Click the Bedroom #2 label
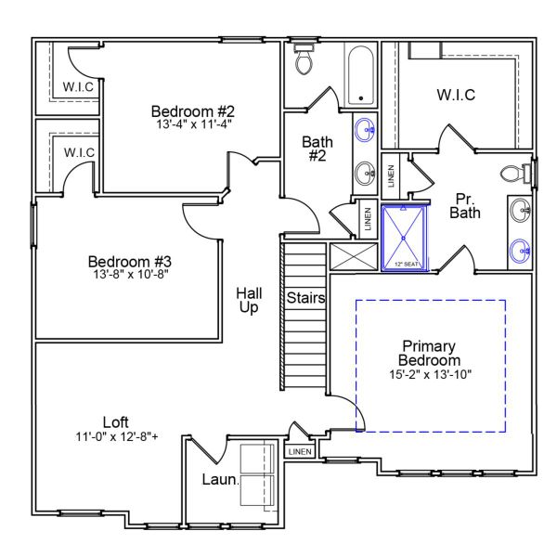(188, 112)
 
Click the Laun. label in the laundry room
(220, 480)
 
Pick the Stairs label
(305, 299)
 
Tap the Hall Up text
(248, 300)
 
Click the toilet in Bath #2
(304, 60)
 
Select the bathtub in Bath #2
(359, 74)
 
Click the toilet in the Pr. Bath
(513, 173)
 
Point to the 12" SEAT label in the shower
(407, 265)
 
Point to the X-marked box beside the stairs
(352, 256)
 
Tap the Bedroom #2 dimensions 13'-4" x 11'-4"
(193, 124)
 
